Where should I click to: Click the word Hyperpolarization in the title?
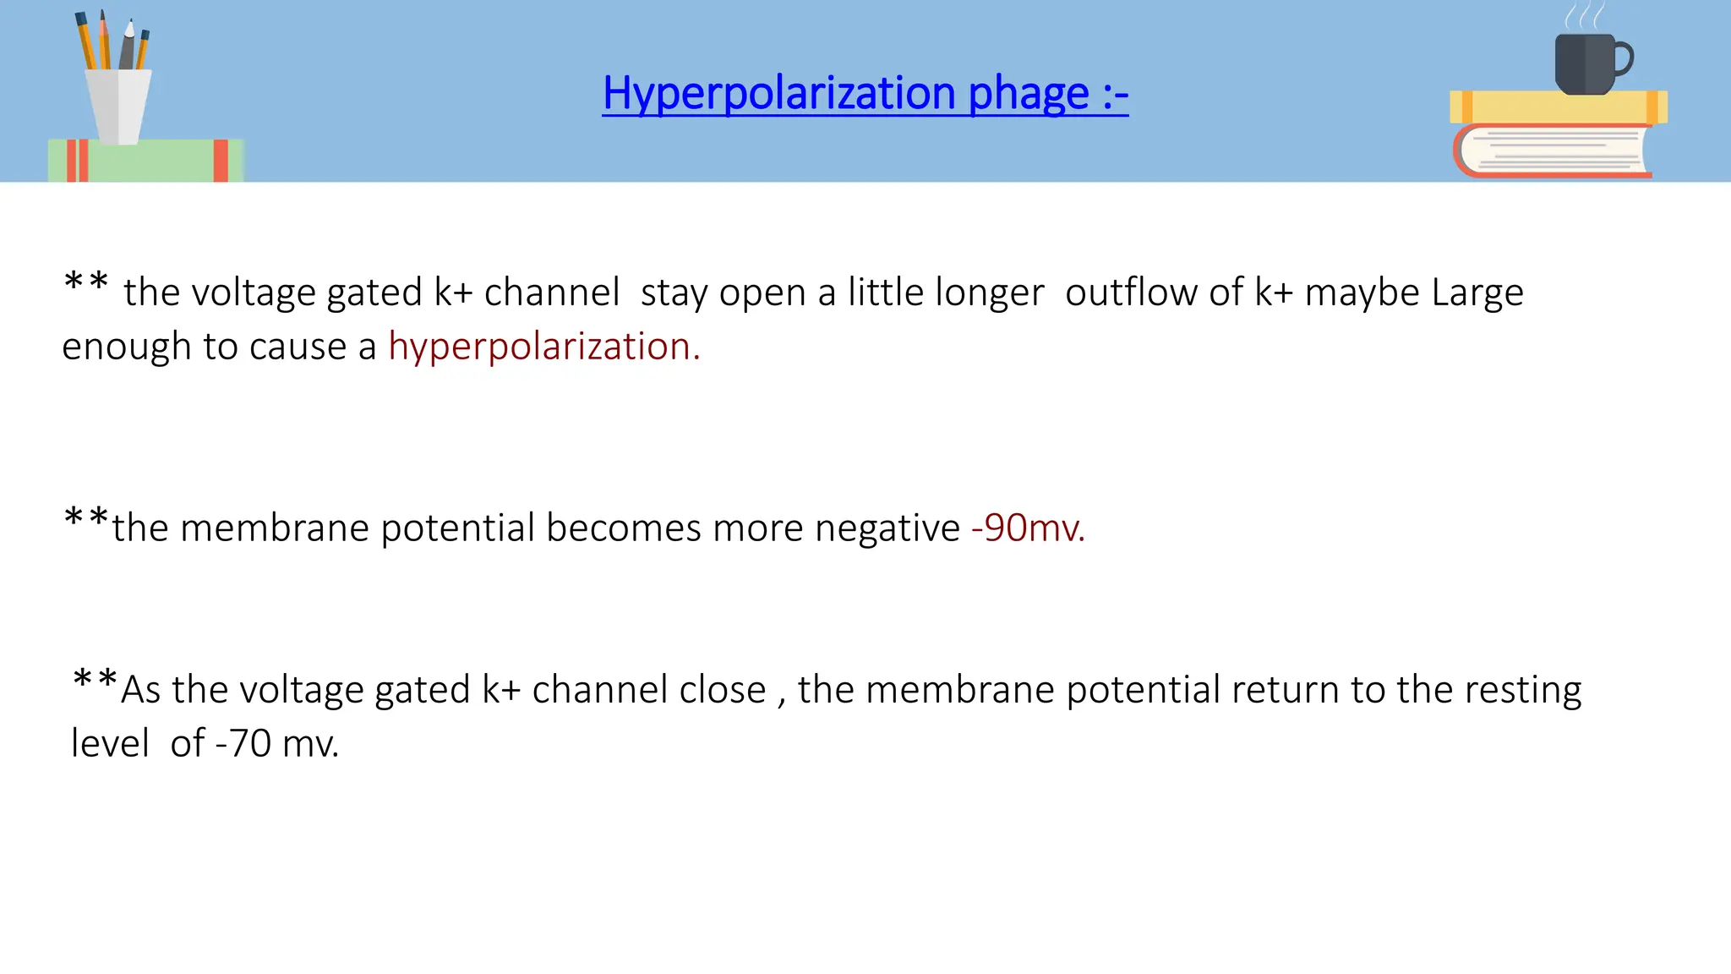coord(779,93)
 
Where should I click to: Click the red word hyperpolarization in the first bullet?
coord(543,347)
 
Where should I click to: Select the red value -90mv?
coord(1028,528)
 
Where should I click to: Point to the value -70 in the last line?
coord(243,744)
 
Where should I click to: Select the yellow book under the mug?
coord(1558,107)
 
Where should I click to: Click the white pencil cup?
coord(119,105)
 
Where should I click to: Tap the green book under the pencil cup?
coord(145,161)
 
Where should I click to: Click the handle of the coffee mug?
coord(1624,59)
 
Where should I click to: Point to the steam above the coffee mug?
coord(1584,16)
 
